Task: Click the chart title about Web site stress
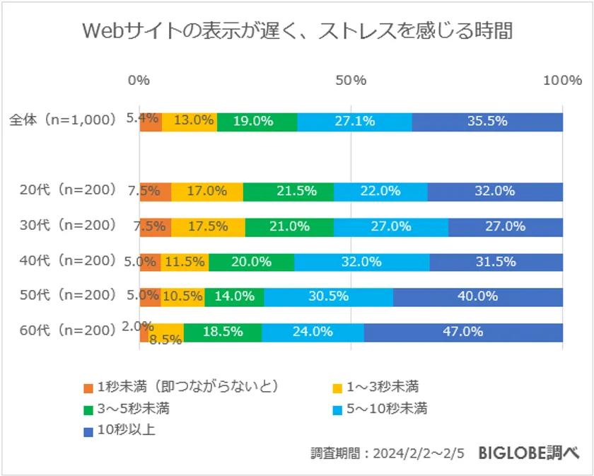tap(297, 33)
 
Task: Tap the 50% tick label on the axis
tap(351, 80)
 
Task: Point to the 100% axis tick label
tap(562, 80)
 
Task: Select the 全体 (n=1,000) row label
tap(62, 120)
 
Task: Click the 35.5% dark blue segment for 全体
tap(487, 121)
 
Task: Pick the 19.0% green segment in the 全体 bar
tap(257, 121)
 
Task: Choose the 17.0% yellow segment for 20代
tap(206, 191)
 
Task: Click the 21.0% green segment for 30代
tap(289, 226)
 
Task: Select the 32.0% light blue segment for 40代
tap(361, 262)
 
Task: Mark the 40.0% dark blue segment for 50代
tap(478, 296)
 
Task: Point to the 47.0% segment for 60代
tap(463, 332)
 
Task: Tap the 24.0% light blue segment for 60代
tap(313, 332)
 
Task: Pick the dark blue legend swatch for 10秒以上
tap(88, 430)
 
